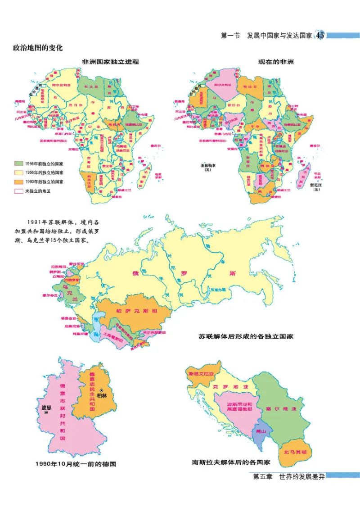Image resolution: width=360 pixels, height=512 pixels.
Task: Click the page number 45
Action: [320, 36]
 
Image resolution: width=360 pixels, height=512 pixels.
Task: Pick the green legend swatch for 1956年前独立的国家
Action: [19, 163]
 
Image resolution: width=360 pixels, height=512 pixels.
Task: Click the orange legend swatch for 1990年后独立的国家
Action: [19, 181]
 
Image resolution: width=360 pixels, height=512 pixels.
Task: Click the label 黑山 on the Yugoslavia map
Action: [261, 430]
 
